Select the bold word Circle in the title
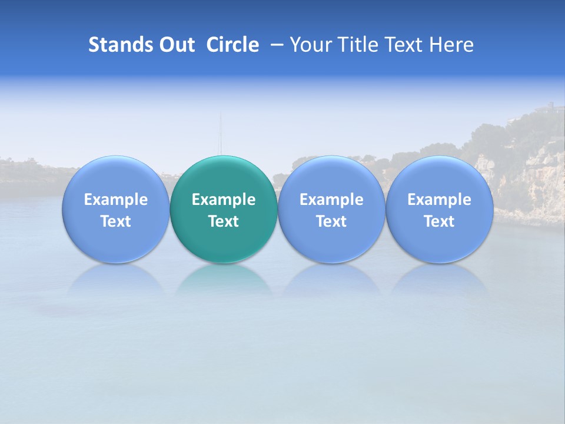[x=232, y=45]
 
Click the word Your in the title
[x=310, y=45]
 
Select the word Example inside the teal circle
[x=224, y=200]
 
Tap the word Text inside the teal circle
[x=224, y=221]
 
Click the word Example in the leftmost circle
[x=115, y=200]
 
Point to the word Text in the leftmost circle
[x=115, y=221]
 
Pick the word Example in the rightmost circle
[x=439, y=200]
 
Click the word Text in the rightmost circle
[x=439, y=221]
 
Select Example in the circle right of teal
[x=331, y=200]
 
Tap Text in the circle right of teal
[x=331, y=221]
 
